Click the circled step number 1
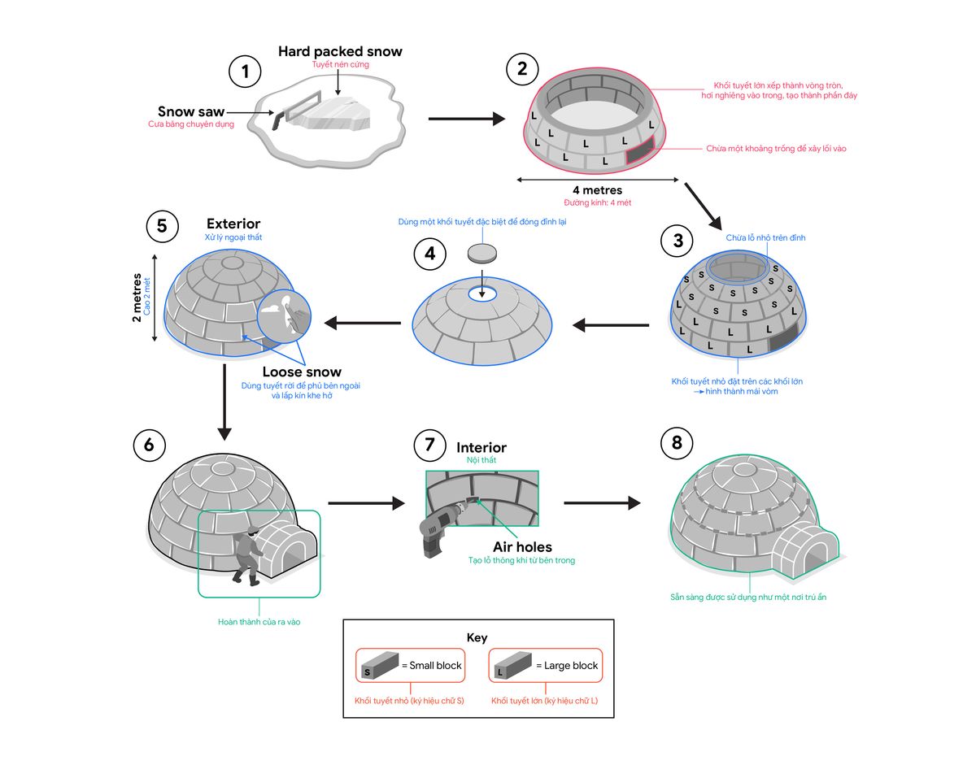(x=245, y=73)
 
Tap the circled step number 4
(x=430, y=254)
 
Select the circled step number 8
(x=678, y=444)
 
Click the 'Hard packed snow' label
(x=340, y=52)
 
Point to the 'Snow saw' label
(x=191, y=111)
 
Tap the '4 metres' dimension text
(x=597, y=191)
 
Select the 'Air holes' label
(x=521, y=547)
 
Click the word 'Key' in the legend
(x=477, y=638)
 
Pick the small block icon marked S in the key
(x=377, y=664)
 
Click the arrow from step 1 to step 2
(x=466, y=120)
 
